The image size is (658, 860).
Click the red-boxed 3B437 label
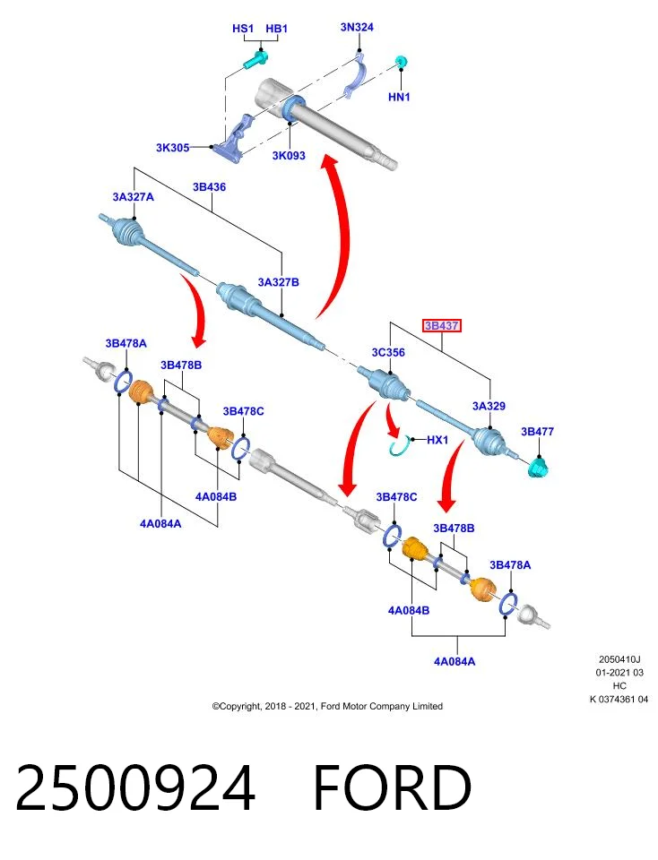pyautogui.click(x=441, y=326)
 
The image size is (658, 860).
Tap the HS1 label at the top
pyautogui.click(x=243, y=29)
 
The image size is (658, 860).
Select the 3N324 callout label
pyautogui.click(x=357, y=27)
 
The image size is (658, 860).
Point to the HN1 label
pyautogui.click(x=399, y=97)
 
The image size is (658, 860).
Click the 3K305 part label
pyautogui.click(x=172, y=148)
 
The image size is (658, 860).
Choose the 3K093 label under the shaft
pyautogui.click(x=289, y=156)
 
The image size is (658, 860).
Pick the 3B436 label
pyautogui.click(x=209, y=187)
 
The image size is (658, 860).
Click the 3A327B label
pyautogui.click(x=278, y=282)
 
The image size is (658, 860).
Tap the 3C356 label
pyautogui.click(x=388, y=352)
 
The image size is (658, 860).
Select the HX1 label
pyautogui.click(x=437, y=440)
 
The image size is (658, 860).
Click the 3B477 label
pyautogui.click(x=537, y=432)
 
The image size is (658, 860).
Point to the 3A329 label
pyautogui.click(x=489, y=406)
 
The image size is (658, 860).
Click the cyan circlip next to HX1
pyautogui.click(x=400, y=445)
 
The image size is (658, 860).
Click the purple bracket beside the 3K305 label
pyautogui.click(x=234, y=140)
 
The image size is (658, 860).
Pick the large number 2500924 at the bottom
pyautogui.click(x=135, y=787)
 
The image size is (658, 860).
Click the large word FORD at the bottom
pyautogui.click(x=393, y=787)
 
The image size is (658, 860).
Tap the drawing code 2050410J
pyautogui.click(x=619, y=659)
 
